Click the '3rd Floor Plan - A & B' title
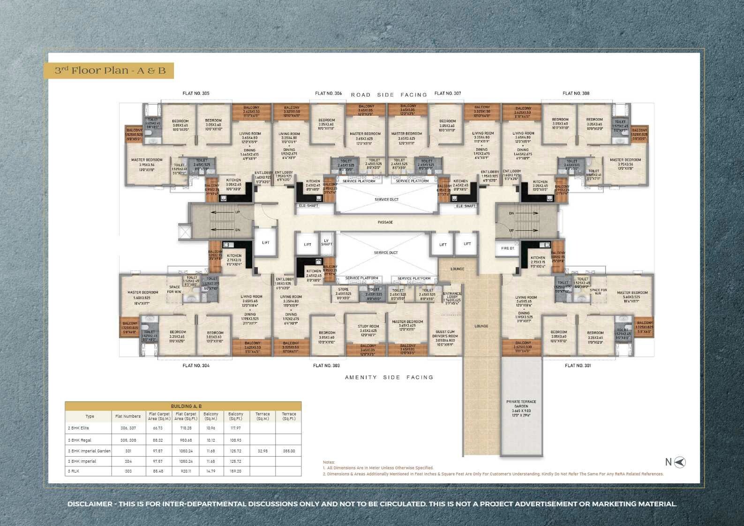pos(110,71)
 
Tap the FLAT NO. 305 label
pos(196,93)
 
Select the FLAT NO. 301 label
pos(578,365)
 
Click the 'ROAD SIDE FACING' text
pos(389,95)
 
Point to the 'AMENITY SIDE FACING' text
pos(389,377)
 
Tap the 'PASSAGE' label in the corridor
pos(385,222)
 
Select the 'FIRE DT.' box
pos(508,248)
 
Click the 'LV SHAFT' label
pos(326,242)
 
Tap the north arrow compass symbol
pos(679,462)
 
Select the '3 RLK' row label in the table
pos(72,471)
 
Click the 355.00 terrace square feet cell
pos(288,451)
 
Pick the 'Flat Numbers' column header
pos(128,416)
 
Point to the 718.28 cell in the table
pos(186,428)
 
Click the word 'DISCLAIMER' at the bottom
pos(90,504)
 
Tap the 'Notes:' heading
pos(329,462)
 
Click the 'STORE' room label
pos(343,291)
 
